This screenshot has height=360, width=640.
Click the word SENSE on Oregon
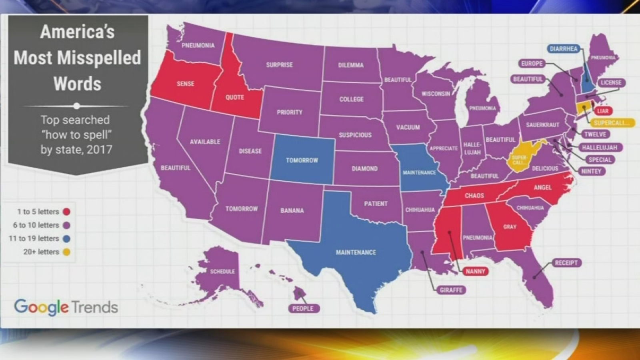click(185, 84)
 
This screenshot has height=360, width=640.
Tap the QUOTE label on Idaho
click(234, 97)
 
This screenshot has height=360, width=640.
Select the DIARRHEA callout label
click(563, 49)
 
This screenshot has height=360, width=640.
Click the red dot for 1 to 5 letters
click(66, 212)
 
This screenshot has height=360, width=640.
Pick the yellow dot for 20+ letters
click(66, 252)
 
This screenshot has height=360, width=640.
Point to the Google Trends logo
click(66, 307)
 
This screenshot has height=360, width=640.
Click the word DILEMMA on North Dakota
click(351, 65)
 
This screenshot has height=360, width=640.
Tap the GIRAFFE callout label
click(451, 290)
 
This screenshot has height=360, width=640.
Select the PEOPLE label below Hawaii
click(303, 308)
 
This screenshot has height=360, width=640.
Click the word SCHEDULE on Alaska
click(222, 272)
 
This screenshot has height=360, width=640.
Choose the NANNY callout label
click(475, 271)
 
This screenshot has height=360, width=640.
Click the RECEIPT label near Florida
click(566, 263)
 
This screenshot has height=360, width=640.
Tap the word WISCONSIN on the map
click(436, 94)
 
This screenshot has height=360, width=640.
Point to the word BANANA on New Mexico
click(292, 210)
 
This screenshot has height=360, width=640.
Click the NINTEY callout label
click(591, 171)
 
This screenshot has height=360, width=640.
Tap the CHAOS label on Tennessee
click(474, 196)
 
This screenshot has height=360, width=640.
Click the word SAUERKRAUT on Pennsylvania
click(542, 125)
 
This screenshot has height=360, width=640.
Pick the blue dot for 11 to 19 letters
click(66, 239)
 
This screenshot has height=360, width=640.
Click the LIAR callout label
click(603, 111)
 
